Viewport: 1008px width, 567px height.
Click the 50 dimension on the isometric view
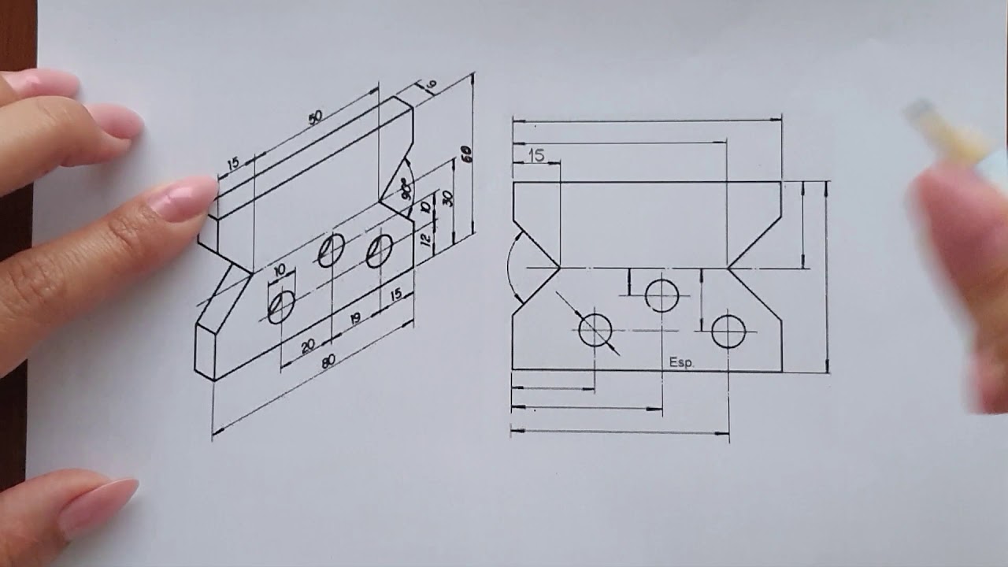pos(315,118)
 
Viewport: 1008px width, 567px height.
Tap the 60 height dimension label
pos(466,154)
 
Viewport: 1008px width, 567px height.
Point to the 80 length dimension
pos(329,361)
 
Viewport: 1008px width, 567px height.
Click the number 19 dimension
pos(355,318)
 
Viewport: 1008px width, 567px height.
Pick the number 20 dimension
pos(307,345)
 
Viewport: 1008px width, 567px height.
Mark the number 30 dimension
pos(447,197)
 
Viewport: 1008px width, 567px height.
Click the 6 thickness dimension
pos(432,85)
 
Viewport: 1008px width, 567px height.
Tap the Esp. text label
pos(681,362)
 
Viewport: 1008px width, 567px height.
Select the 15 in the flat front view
pos(536,156)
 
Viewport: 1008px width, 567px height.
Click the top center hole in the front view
pos(661,295)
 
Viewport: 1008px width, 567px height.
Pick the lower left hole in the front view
pos(595,330)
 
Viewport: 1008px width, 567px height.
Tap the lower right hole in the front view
pos(728,332)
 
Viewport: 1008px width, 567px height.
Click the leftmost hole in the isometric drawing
pos(281,306)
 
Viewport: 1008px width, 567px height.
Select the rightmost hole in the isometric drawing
pos(380,250)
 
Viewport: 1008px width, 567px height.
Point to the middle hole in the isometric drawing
pos(331,250)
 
